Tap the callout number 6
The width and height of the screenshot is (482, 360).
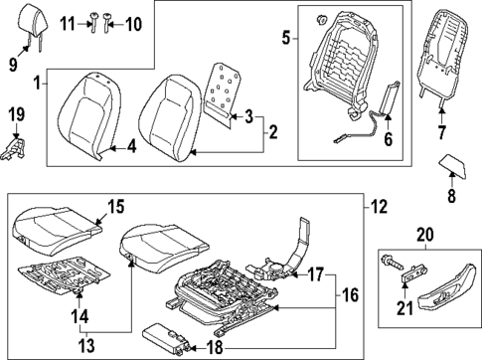point(389,140)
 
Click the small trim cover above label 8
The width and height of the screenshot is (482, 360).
point(455,165)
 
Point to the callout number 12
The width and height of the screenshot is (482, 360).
point(379,207)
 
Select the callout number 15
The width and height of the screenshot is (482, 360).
point(115,207)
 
